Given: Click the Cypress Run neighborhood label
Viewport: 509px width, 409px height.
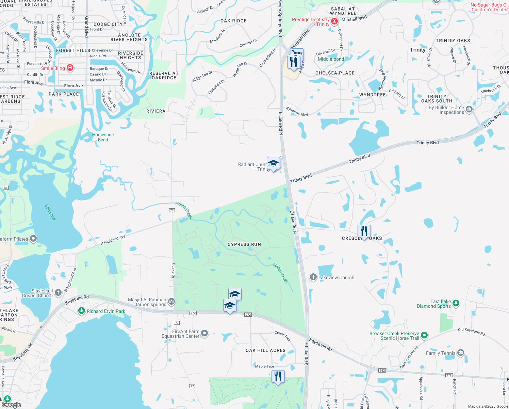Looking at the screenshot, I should click(x=244, y=244).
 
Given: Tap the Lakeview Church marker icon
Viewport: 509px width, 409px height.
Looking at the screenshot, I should click(x=313, y=277).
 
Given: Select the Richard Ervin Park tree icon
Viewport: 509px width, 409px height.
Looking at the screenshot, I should click(x=81, y=311).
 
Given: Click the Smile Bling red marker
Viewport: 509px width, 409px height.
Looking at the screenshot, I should click(x=70, y=68).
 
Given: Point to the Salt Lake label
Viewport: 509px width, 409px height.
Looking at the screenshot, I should click(x=50, y=212).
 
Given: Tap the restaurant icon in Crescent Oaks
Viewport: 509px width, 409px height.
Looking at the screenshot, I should click(x=364, y=231).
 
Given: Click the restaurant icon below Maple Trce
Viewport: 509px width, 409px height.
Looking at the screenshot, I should click(x=278, y=376).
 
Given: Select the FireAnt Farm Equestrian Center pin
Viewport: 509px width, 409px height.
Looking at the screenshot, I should click(x=204, y=333).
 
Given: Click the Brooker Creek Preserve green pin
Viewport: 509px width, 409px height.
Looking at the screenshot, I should click(x=424, y=335).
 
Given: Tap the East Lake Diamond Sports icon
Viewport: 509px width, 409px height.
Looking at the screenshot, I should click(x=456, y=303).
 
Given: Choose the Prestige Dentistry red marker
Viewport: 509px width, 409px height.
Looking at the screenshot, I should click(x=334, y=21).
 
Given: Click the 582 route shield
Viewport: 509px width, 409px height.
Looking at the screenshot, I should click(x=382, y=370).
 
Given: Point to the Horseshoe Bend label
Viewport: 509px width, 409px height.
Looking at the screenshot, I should click(x=103, y=137).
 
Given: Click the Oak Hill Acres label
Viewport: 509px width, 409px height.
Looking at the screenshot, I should click(x=265, y=350).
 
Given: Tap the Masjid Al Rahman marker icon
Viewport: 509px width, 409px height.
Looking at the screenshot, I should click(x=171, y=301).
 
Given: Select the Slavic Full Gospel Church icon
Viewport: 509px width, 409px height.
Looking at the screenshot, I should click(x=58, y=292).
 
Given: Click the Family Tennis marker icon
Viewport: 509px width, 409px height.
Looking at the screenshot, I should click(x=460, y=353).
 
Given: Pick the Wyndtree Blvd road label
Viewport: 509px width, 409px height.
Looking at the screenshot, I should click(x=296, y=111).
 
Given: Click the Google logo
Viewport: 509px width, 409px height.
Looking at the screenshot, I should click(x=12, y=405).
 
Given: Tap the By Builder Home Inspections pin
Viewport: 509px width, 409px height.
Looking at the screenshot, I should click(x=469, y=109).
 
